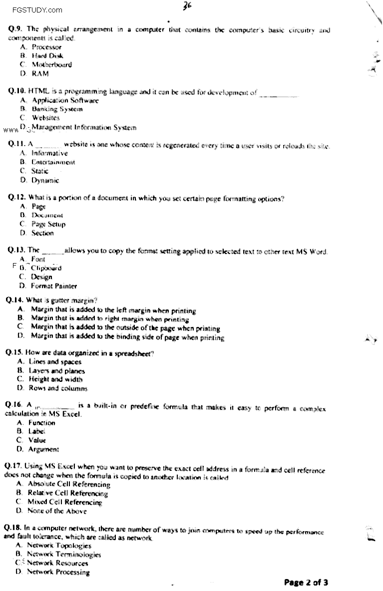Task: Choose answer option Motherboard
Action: [51, 64]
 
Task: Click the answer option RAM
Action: [40, 73]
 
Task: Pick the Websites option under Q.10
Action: [45, 118]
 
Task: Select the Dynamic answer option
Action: [45, 180]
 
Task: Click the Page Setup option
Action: [48, 224]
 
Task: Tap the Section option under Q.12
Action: [42, 233]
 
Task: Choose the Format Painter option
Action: [54, 286]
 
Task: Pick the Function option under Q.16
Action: [42, 422]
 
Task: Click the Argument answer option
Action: [44, 449]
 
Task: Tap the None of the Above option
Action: [57, 511]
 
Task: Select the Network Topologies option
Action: [59, 546]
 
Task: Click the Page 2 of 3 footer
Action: [306, 582]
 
